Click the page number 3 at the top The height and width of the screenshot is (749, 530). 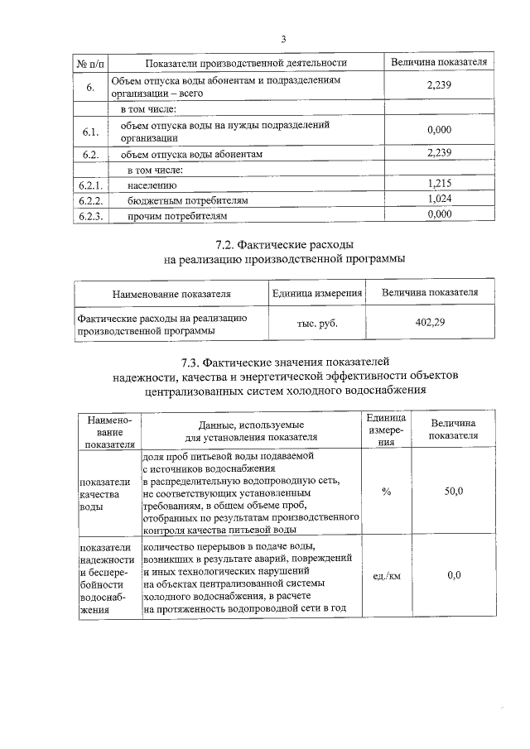283,39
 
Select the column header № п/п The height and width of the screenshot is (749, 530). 90,63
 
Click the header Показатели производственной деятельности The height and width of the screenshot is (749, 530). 245,63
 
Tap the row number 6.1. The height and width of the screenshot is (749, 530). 90,132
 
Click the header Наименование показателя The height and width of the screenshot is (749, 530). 172,293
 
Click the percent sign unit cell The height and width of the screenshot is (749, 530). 386,492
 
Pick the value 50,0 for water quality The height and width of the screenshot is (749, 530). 453,492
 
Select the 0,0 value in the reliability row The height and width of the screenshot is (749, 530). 453,575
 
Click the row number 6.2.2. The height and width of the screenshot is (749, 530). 90,200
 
